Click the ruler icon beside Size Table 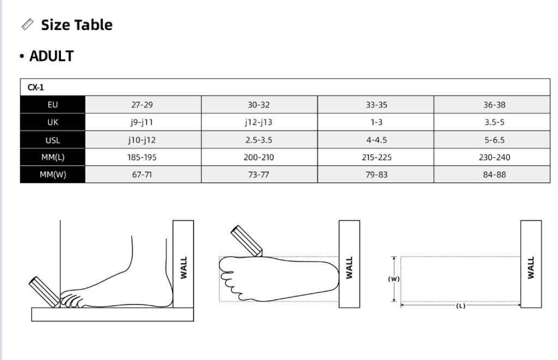(x=27, y=25)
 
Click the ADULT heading (x=51, y=56)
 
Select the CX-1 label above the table (x=35, y=88)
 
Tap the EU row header (x=53, y=105)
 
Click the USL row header (x=53, y=140)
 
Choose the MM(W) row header (x=53, y=175)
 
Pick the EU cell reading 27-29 (x=142, y=105)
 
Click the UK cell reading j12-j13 (x=259, y=122)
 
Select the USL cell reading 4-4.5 (x=377, y=140)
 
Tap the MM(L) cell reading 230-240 (x=494, y=157)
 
